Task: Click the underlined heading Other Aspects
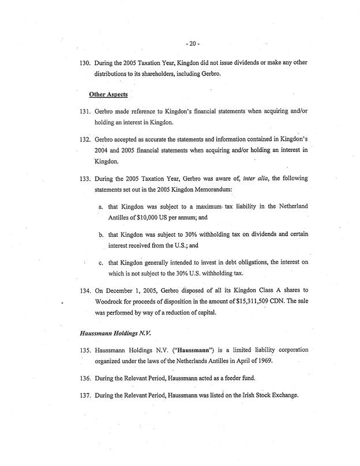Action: point(108,94)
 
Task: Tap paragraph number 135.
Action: point(82,351)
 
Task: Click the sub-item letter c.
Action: point(100,264)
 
